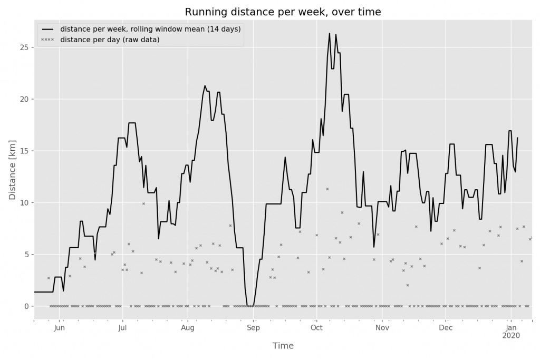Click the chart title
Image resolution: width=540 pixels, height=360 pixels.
[282, 12]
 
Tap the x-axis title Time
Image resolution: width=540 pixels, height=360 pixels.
[283, 346]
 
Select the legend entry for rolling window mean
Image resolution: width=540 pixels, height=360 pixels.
[150, 29]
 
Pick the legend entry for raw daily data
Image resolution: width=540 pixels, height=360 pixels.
[110, 40]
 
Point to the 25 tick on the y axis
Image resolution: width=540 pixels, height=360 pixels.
[24, 47]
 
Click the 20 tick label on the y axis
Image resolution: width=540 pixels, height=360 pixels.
[24, 99]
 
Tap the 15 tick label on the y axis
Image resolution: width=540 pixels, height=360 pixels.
[24, 151]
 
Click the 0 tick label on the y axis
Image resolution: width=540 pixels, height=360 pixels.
[26, 306]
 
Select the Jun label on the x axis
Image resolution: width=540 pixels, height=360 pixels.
[59, 328]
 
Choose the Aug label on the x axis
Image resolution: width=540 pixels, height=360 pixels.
[188, 328]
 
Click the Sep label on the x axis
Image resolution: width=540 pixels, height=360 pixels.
[253, 328]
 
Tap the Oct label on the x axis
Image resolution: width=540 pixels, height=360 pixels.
[316, 328]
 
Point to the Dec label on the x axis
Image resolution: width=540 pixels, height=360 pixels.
[446, 328]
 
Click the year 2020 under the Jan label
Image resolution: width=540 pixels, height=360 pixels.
[511, 336]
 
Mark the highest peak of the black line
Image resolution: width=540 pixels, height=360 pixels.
[330, 34]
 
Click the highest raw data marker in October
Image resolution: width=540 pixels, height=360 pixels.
[327, 189]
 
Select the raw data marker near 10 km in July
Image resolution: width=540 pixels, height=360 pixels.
[143, 203]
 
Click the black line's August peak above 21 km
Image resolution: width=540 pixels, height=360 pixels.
[205, 85]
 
